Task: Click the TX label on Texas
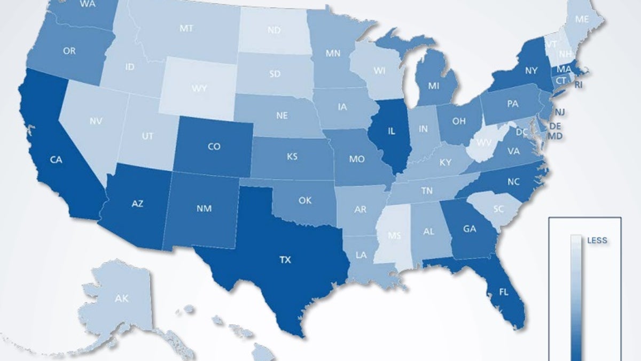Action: coord(286,260)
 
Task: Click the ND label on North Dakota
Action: coord(274,31)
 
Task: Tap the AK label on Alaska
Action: coord(121,298)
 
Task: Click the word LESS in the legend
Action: coord(597,241)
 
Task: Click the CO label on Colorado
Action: coord(213,147)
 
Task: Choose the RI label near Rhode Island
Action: coord(579,85)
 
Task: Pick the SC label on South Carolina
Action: coord(498,209)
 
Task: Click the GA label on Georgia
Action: coord(470,229)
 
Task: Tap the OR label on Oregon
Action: coord(69,51)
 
